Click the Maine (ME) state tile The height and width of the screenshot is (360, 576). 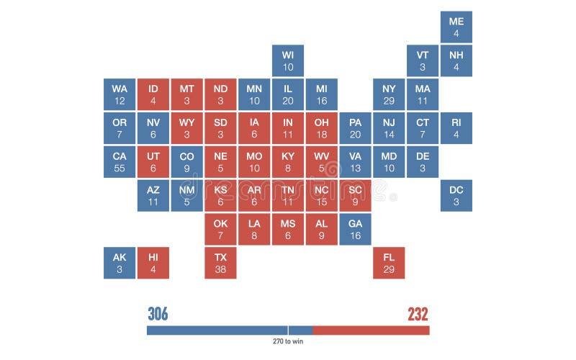pyautogui.click(x=456, y=27)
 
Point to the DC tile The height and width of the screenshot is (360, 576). pyautogui.click(x=456, y=196)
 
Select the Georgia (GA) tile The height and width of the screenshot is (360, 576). pyautogui.click(x=355, y=229)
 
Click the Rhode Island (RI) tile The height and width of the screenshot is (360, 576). pyautogui.click(x=456, y=128)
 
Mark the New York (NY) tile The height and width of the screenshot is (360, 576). pyautogui.click(x=389, y=94)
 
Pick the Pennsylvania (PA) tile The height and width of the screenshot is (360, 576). pyautogui.click(x=355, y=128)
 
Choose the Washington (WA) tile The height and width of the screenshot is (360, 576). pyautogui.click(x=120, y=94)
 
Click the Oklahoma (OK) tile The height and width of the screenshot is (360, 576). pyautogui.click(x=220, y=229)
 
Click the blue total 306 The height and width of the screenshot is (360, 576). pyautogui.click(x=158, y=314)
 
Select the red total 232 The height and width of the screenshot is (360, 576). pyautogui.click(x=418, y=314)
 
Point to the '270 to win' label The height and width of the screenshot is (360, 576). pyautogui.click(x=288, y=341)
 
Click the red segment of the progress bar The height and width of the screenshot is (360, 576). pyautogui.click(x=371, y=330)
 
